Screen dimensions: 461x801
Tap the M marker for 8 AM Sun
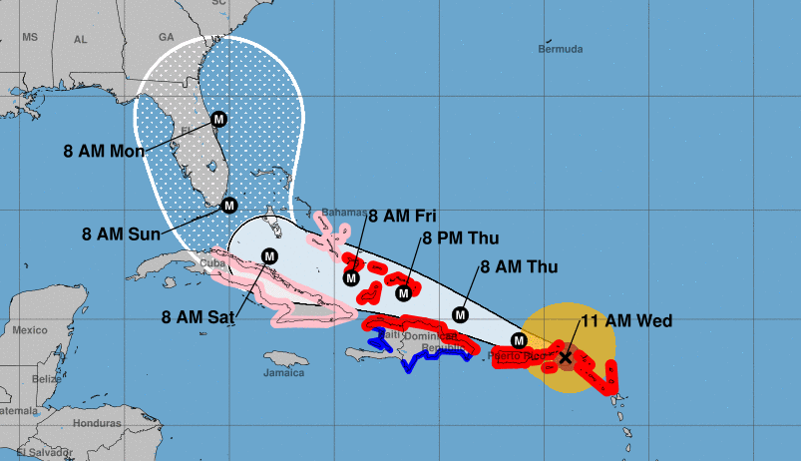(228, 206)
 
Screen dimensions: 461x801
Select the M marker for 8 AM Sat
(268, 255)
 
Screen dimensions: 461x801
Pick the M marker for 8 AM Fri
(351, 277)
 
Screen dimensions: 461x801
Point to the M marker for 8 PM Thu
(404, 292)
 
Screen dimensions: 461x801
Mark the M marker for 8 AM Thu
(461, 314)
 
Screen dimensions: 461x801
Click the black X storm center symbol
(566, 356)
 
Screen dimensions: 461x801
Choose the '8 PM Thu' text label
(461, 237)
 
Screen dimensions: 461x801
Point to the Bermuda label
(560, 49)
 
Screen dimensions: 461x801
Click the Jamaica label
(283, 374)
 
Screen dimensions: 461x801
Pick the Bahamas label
(342, 212)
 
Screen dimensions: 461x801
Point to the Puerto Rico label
(521, 355)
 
